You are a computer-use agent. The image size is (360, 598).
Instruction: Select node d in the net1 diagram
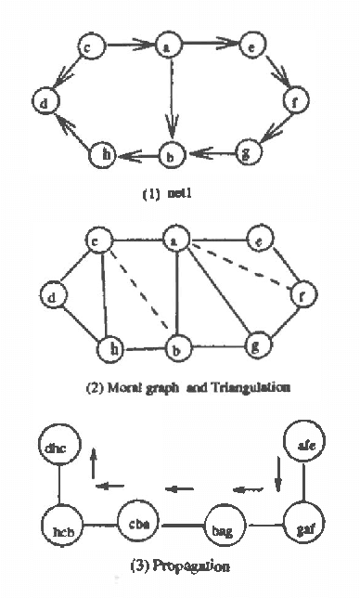pyautogui.click(x=42, y=102)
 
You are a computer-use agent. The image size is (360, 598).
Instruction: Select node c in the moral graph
pyautogui.click(x=95, y=241)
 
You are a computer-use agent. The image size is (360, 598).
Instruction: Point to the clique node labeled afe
pyautogui.click(x=303, y=446)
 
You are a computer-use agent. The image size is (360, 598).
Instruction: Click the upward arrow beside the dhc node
pyautogui.click(x=94, y=462)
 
